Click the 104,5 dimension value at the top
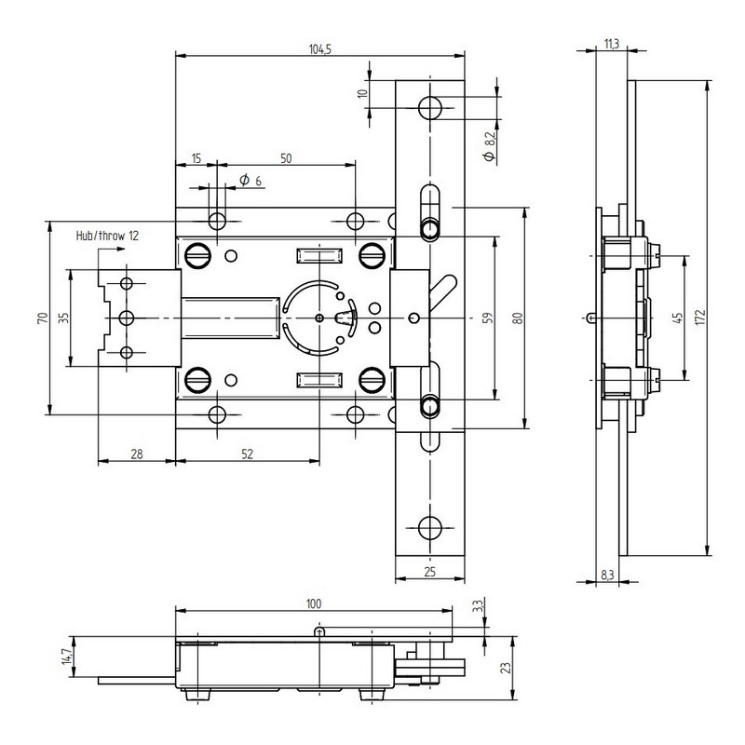(319, 49)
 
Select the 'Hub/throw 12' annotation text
(107, 236)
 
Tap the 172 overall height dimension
(700, 318)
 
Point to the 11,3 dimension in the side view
(612, 44)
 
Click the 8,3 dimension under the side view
(607, 575)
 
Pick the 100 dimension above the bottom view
(314, 603)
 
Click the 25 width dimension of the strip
(429, 572)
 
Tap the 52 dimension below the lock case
(247, 454)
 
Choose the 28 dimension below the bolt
(136, 454)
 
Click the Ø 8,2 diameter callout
(490, 146)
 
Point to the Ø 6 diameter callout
(251, 180)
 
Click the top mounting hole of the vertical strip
(430, 108)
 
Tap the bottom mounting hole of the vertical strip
(430, 527)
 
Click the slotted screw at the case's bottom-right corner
(372, 380)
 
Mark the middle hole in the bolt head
(127, 318)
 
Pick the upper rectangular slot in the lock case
(319, 255)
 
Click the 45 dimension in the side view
(678, 318)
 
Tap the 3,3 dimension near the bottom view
(478, 606)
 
